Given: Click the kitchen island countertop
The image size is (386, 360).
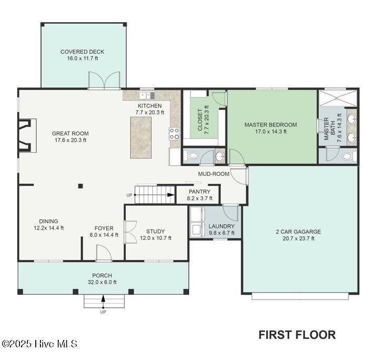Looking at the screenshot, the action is (140, 137).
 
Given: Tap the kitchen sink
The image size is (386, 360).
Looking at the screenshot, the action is (147, 95).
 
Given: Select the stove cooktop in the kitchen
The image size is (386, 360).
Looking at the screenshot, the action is (174, 134).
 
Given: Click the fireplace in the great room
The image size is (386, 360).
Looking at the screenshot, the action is (27, 135).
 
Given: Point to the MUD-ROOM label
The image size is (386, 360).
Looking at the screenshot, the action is (214, 174).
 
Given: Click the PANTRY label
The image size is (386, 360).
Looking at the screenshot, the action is (199, 192).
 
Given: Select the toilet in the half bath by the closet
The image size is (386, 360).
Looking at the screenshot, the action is (192, 156).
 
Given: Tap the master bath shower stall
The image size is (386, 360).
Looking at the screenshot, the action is (338, 98).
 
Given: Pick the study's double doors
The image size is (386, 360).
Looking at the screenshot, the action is (130, 232).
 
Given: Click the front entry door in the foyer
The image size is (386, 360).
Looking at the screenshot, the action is (104, 253).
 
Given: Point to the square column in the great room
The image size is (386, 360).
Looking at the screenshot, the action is (80, 186).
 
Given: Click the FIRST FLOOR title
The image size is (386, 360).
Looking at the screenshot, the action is (297, 335).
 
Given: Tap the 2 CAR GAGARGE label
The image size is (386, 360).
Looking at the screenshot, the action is (298, 232).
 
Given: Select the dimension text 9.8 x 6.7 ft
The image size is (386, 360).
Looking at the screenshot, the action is (221, 233).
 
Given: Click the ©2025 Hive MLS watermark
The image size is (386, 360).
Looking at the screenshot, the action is (39, 344).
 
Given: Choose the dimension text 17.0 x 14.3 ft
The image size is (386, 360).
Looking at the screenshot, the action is (271, 132).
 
